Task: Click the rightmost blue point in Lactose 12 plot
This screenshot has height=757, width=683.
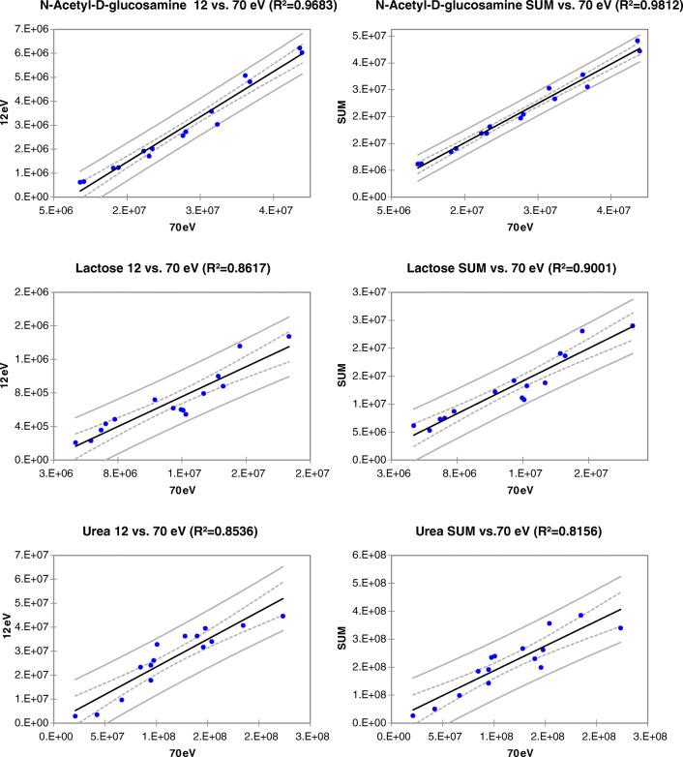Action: click(x=288, y=336)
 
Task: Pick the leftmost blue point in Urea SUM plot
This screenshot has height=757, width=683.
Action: click(x=412, y=715)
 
